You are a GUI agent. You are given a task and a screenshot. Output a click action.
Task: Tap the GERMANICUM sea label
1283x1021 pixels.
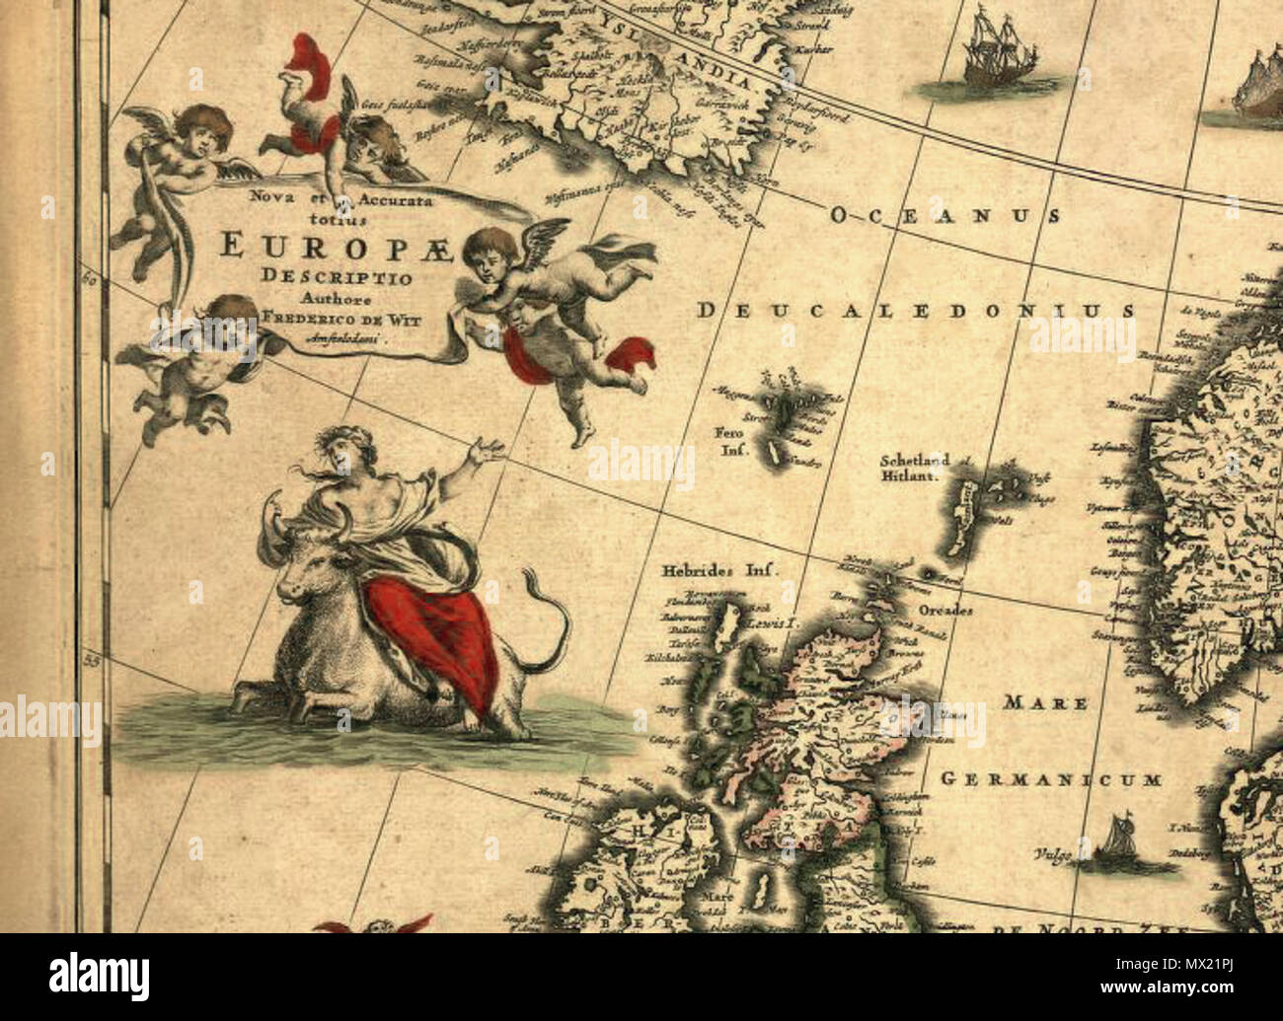click(1051, 779)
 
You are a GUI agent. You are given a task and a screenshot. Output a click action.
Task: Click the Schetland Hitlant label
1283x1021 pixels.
click(915, 467)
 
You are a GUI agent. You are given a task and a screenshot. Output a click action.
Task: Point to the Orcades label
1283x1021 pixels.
click(945, 611)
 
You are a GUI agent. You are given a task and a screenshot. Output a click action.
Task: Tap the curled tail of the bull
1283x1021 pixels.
click(552, 621)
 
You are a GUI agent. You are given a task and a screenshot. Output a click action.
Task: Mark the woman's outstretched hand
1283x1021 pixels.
click(486, 454)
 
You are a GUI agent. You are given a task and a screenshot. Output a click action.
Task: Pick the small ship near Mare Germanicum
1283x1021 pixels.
click(1121, 844)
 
